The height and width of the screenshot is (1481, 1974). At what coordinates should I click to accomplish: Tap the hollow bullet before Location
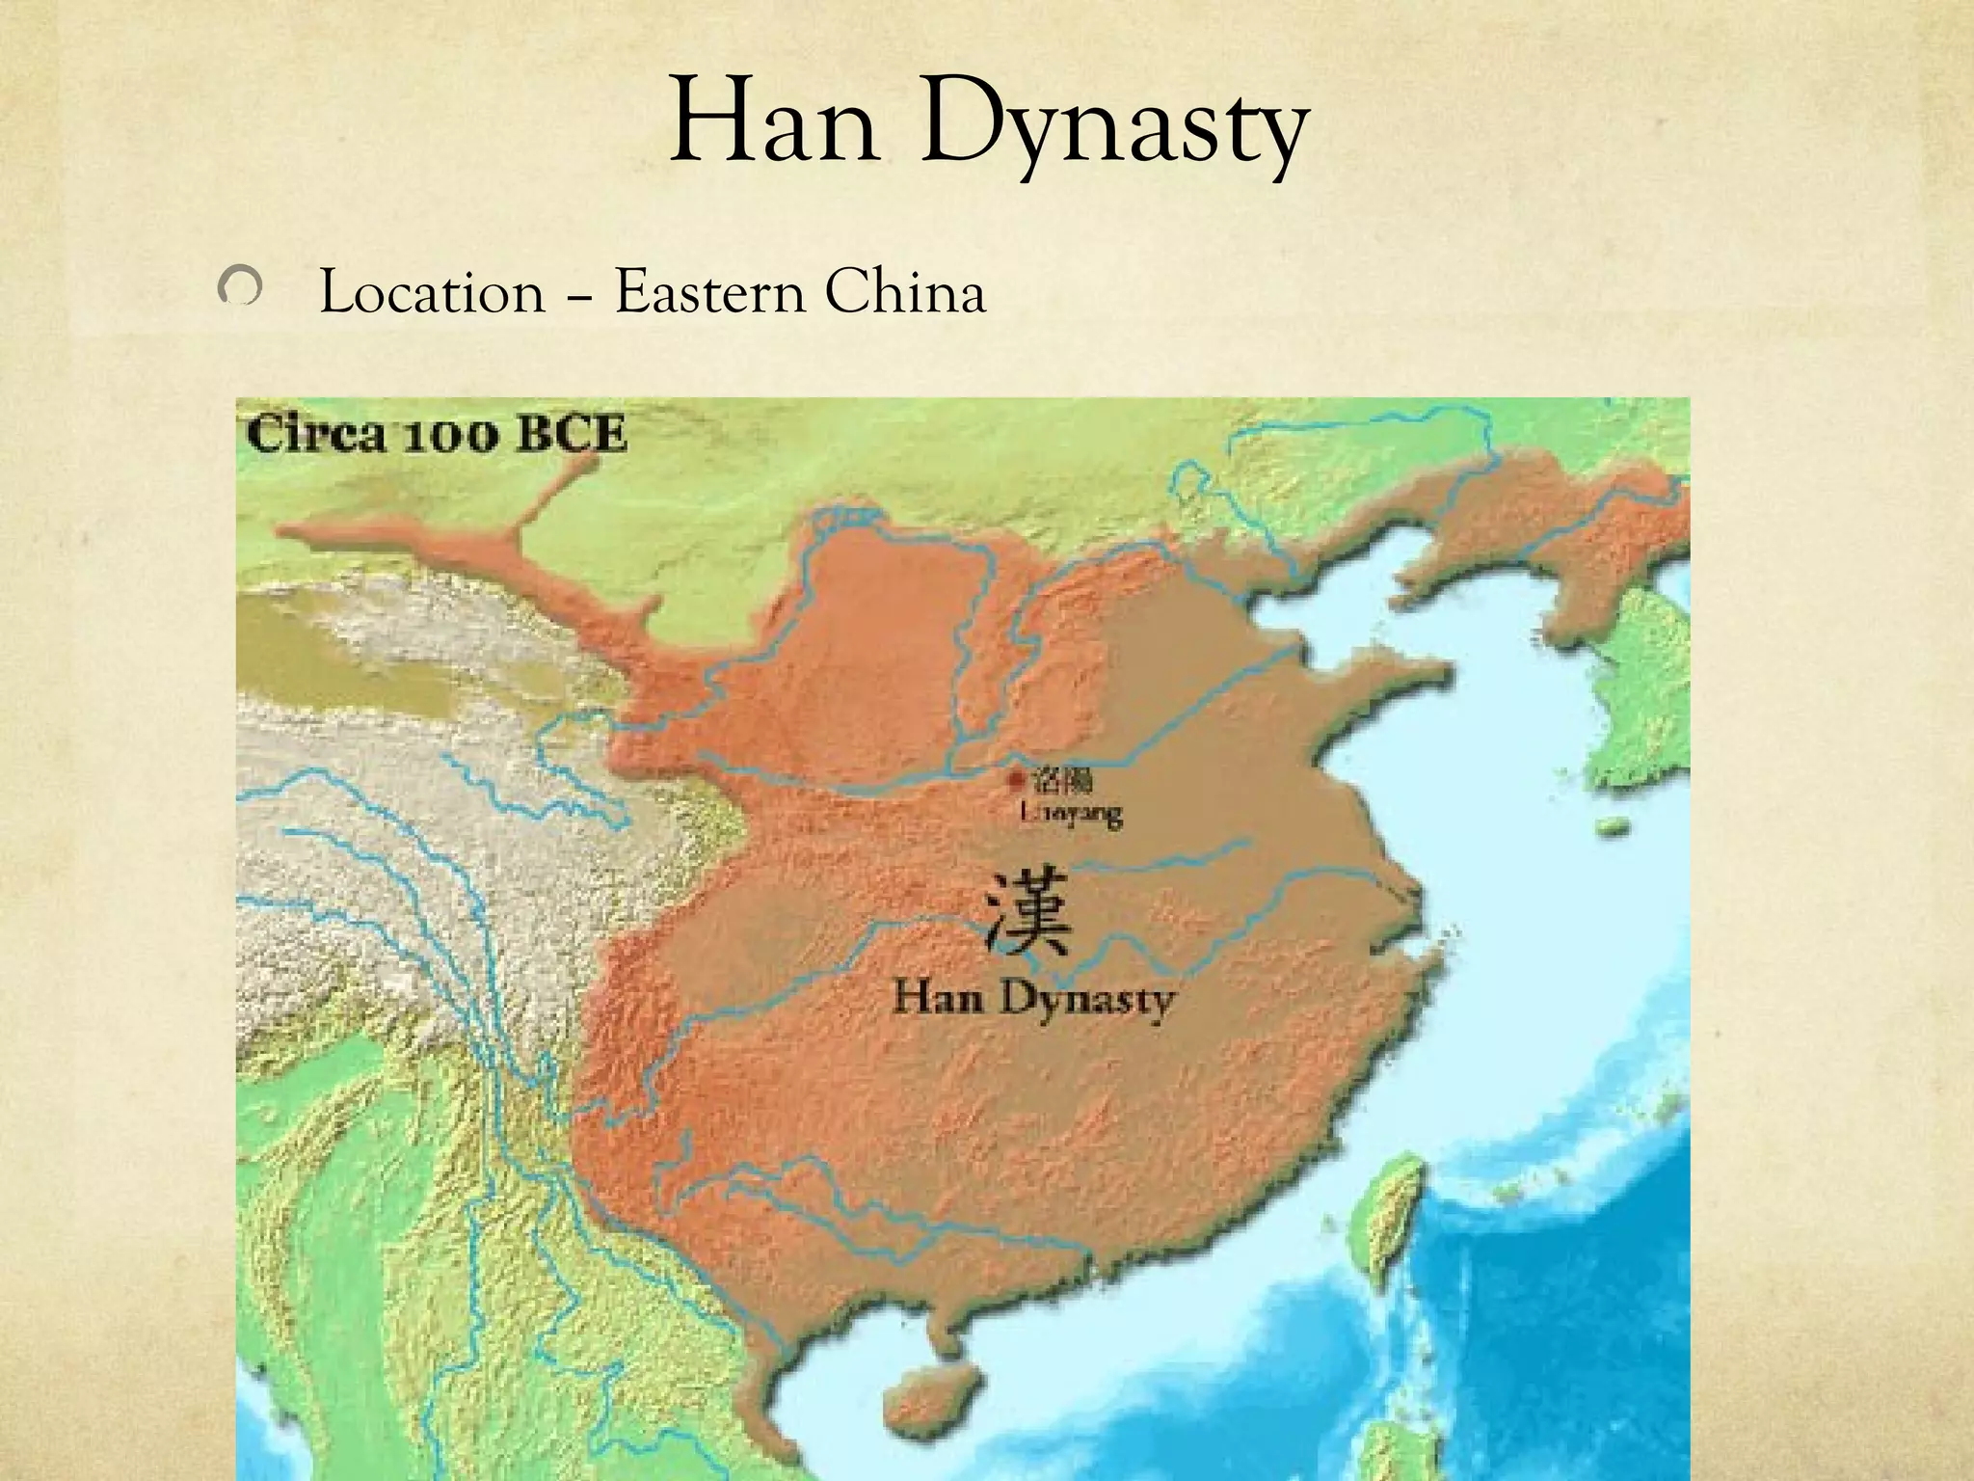pos(238,288)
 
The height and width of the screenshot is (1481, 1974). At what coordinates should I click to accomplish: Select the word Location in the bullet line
pos(431,292)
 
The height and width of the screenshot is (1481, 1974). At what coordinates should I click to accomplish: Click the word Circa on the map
pos(314,435)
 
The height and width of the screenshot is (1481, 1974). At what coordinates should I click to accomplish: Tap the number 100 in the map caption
pos(451,436)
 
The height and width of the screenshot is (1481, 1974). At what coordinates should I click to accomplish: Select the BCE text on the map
pos(573,435)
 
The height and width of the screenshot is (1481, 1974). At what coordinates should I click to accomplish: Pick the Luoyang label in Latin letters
pos(1071,815)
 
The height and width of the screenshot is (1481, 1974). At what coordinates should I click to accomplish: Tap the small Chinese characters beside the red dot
pos(1062,781)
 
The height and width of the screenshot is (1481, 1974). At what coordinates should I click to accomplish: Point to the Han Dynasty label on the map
pos(1034,999)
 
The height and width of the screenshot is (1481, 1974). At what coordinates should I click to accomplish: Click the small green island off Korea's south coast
pos(1611,826)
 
